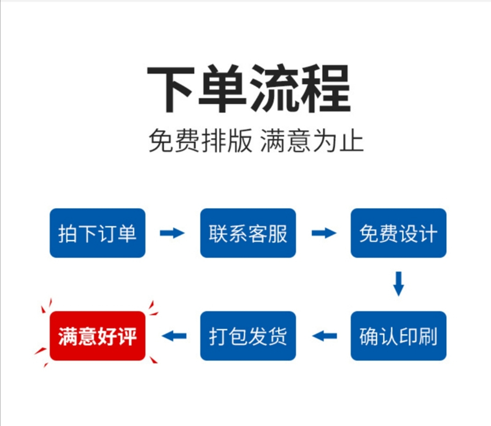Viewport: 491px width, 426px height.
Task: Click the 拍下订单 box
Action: pyautogui.click(x=98, y=233)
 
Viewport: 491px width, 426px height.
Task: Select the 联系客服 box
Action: pyautogui.click(x=248, y=233)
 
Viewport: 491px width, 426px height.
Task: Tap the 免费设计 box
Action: pyautogui.click(x=398, y=233)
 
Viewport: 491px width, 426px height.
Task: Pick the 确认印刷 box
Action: pyautogui.click(x=398, y=336)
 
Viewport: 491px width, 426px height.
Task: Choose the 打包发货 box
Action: pyautogui.click(x=248, y=336)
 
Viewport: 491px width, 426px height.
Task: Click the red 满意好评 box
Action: pyautogui.click(x=98, y=336)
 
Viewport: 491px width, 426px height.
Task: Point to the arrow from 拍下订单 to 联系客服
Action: pyautogui.click(x=172, y=233)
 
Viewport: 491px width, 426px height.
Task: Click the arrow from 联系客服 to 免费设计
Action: pyautogui.click(x=324, y=233)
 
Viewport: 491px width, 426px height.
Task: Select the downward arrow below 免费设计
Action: pyautogui.click(x=398, y=284)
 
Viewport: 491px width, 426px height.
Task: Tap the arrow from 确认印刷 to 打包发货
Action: pyautogui.click(x=325, y=336)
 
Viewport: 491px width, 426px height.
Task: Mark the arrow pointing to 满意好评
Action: pyautogui.click(x=174, y=336)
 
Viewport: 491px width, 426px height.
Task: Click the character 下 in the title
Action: pyautogui.click(x=171, y=89)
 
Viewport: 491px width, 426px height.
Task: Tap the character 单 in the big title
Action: pyautogui.click(x=222, y=88)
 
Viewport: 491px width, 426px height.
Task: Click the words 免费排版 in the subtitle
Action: pyautogui.click(x=201, y=141)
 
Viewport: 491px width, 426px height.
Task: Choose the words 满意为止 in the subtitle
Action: pyautogui.click(x=312, y=141)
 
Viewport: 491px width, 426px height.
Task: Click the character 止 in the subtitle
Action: pyautogui.click(x=352, y=141)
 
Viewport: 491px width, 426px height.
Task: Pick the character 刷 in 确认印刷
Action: pyautogui.click(x=428, y=336)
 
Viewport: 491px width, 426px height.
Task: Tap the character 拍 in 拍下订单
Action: pyautogui.click(x=68, y=234)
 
